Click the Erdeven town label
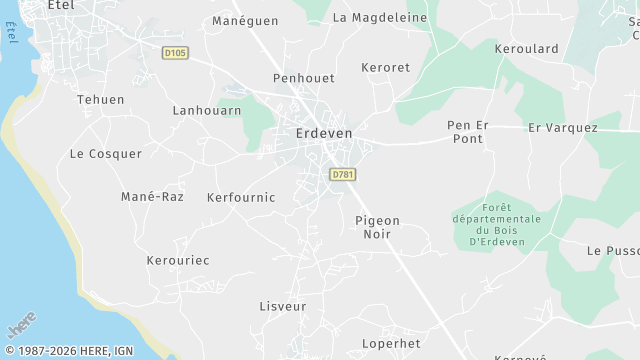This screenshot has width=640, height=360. pyautogui.click(x=324, y=132)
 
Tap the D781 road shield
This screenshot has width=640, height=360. pyautogui.click(x=343, y=175)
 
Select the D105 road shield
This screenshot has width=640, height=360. pyautogui.click(x=176, y=51)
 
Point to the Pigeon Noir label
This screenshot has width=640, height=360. pyautogui.click(x=377, y=227)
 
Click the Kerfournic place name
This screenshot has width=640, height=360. pyautogui.click(x=241, y=198)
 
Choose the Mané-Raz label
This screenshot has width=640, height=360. pyautogui.click(x=152, y=197)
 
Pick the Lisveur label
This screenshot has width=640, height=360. pyautogui.click(x=283, y=306)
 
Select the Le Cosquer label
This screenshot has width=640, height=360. pyautogui.click(x=106, y=154)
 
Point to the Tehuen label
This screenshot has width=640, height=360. pyautogui.click(x=101, y=100)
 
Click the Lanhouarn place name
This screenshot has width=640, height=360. pyautogui.click(x=207, y=111)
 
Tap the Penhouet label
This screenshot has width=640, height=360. pyautogui.click(x=304, y=77)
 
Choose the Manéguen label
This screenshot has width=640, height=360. pyautogui.click(x=245, y=20)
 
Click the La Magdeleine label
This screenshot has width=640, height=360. pyautogui.click(x=380, y=18)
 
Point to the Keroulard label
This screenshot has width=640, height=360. pyautogui.click(x=527, y=48)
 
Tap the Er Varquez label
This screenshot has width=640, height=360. pyautogui.click(x=563, y=128)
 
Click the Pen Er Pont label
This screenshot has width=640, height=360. pyautogui.click(x=466, y=132)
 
